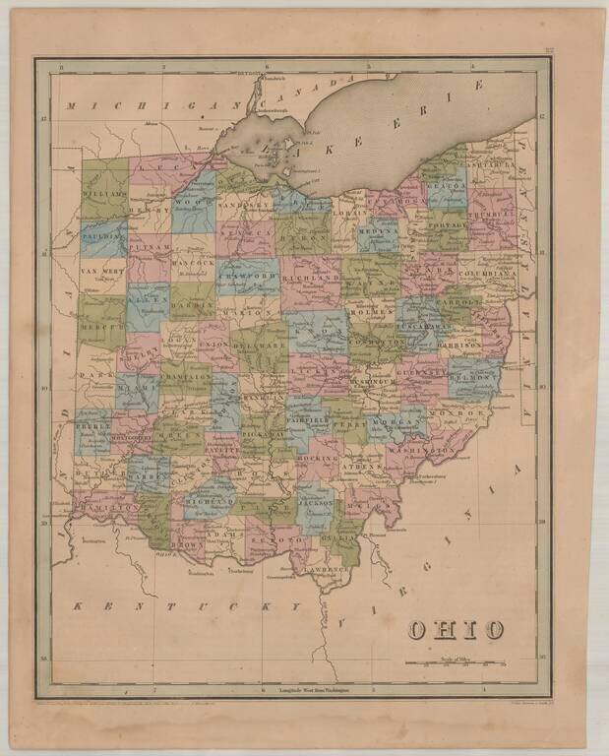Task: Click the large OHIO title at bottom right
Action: click(457, 629)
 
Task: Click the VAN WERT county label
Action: click(100, 270)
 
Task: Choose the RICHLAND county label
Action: click(310, 279)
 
